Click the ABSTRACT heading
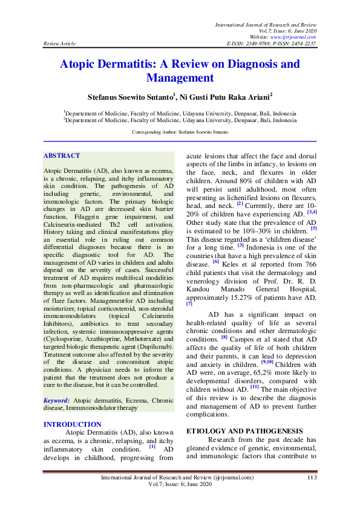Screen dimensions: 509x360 [x=62, y=156]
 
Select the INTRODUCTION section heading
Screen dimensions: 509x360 [x=73, y=424]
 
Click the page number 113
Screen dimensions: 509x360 [x=312, y=478]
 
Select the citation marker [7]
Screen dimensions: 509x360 [x=189, y=304]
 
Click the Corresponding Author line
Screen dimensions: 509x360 [x=180, y=132]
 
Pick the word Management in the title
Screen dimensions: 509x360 [x=180, y=77]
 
